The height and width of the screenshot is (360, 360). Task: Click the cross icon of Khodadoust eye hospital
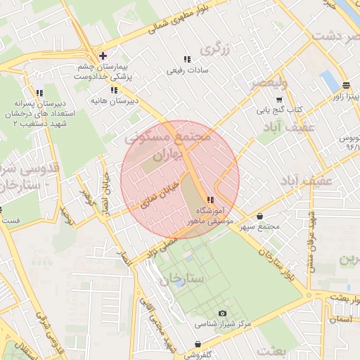[103, 55]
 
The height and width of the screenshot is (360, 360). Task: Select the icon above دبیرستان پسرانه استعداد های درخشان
[39, 93]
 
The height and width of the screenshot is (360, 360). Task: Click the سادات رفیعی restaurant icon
[186, 60]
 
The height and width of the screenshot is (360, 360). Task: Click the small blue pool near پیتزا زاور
[328, 81]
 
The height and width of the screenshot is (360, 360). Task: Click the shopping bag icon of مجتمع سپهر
[261, 217]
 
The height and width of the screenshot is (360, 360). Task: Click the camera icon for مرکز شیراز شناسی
[222, 313]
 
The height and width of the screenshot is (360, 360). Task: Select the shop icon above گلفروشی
[199, 344]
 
